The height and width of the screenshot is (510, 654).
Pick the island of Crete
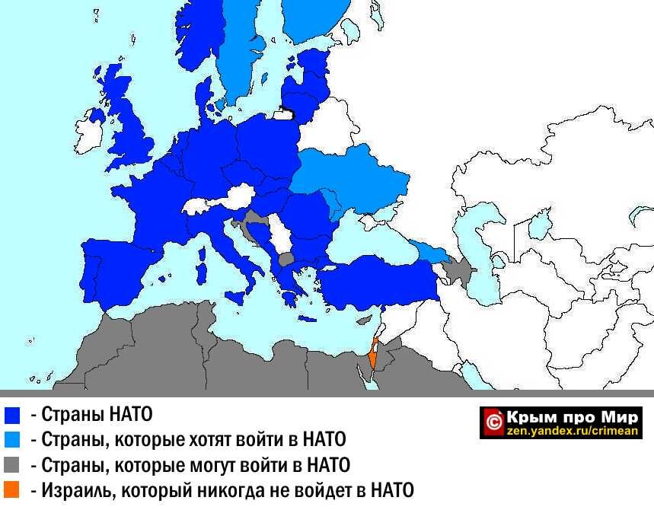(307, 318)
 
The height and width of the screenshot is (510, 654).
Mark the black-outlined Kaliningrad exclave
(286, 113)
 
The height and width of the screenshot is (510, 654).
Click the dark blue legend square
(11, 416)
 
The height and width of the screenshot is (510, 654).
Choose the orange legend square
(11, 490)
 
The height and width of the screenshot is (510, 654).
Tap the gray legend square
(11, 465)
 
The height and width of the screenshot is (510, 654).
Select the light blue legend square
(11, 440)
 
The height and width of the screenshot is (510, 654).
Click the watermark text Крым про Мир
(571, 416)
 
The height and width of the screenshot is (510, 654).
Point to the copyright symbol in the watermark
(493, 422)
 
